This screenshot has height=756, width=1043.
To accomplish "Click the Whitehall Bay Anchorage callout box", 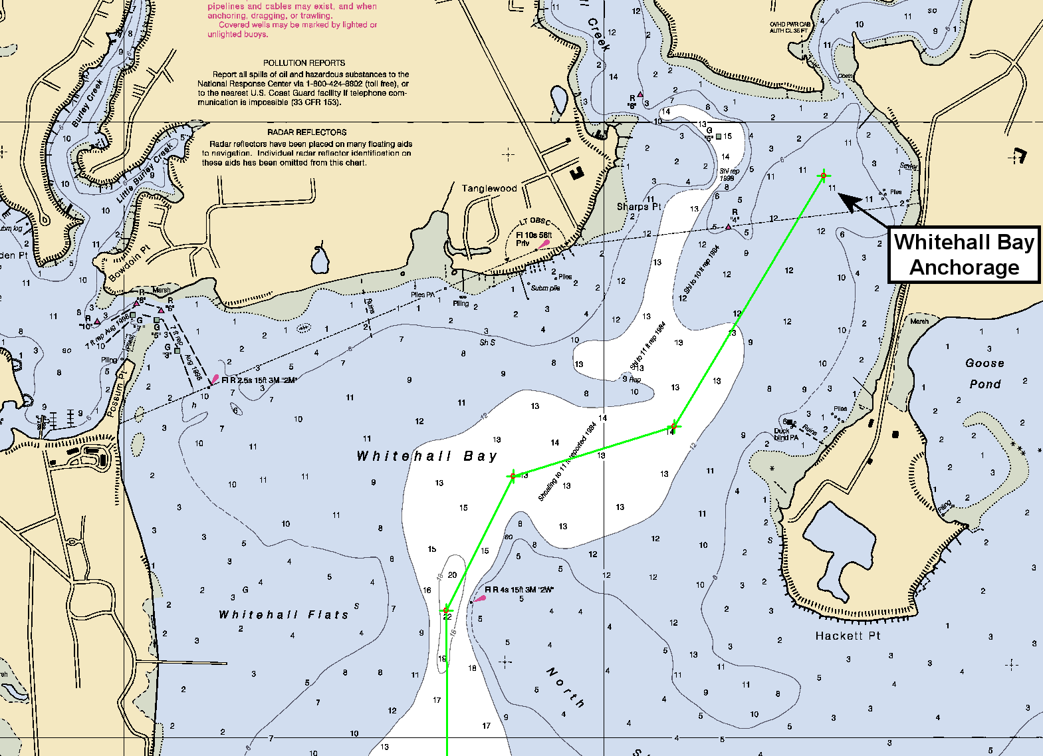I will click(965, 255).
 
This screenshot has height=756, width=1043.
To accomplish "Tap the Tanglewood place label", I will click(489, 188).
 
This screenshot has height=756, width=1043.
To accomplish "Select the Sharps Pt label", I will click(638, 206).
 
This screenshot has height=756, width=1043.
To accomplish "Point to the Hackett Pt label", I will click(848, 636).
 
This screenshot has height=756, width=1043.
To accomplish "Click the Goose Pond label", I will click(985, 373).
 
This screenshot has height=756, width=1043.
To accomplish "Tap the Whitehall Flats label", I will click(284, 614).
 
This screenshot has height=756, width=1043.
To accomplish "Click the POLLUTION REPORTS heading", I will click(304, 63).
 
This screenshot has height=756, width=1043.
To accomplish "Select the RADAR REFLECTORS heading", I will click(307, 132).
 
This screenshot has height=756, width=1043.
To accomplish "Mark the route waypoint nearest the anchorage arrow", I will click(824, 176).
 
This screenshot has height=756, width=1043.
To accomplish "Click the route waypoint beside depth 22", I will click(447, 609).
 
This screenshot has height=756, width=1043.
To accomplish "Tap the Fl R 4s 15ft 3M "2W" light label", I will click(520, 590).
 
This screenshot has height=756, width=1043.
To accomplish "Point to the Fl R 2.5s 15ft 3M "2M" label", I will click(259, 380).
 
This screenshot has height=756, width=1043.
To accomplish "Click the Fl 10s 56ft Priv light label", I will click(534, 239).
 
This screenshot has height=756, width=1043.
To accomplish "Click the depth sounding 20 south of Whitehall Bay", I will click(452, 575).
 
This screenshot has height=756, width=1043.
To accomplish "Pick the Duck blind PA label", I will click(786, 434).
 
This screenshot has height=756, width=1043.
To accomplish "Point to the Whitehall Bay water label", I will click(427, 456).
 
